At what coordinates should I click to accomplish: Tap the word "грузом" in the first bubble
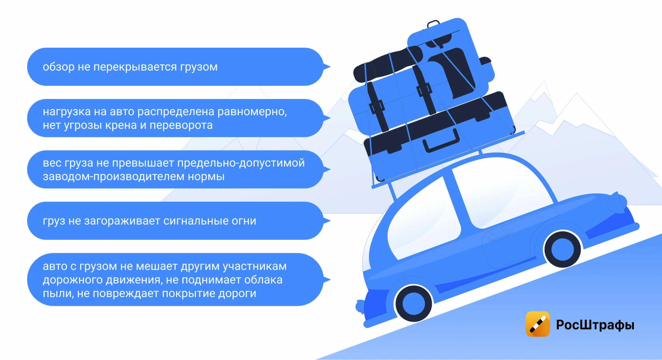(199, 67)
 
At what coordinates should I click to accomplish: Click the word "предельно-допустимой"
(241, 163)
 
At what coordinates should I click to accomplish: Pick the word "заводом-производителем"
(114, 177)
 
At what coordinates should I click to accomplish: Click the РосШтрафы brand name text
(595, 325)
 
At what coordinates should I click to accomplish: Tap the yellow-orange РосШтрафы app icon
(538, 324)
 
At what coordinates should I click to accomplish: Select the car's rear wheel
(414, 303)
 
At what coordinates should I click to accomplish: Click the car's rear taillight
(360, 306)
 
